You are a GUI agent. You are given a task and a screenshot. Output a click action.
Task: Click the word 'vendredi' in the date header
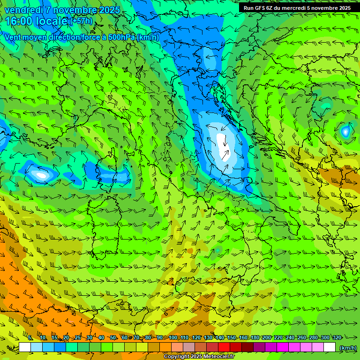pos(24,10)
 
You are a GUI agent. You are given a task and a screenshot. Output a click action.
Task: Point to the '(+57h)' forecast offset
pos(81,21)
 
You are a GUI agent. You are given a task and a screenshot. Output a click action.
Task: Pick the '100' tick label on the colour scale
pos(173,337)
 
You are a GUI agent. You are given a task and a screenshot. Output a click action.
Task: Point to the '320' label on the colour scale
pos(337,337)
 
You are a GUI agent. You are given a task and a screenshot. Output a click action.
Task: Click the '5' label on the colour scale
pos(30,337)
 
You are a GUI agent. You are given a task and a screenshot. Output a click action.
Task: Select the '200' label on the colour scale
pos(267,337)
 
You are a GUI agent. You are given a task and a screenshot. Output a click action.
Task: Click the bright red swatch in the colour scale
pos(224,347)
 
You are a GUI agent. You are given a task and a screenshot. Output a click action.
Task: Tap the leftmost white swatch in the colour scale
pos(25,347)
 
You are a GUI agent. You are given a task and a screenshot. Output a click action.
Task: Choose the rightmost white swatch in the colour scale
pos(330,347)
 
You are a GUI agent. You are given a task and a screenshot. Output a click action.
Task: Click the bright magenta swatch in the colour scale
pos(283,347)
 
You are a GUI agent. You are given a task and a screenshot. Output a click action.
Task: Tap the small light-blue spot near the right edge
pos(345,131)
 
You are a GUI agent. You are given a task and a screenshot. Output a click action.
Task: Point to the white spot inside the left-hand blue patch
pos(41,175)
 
